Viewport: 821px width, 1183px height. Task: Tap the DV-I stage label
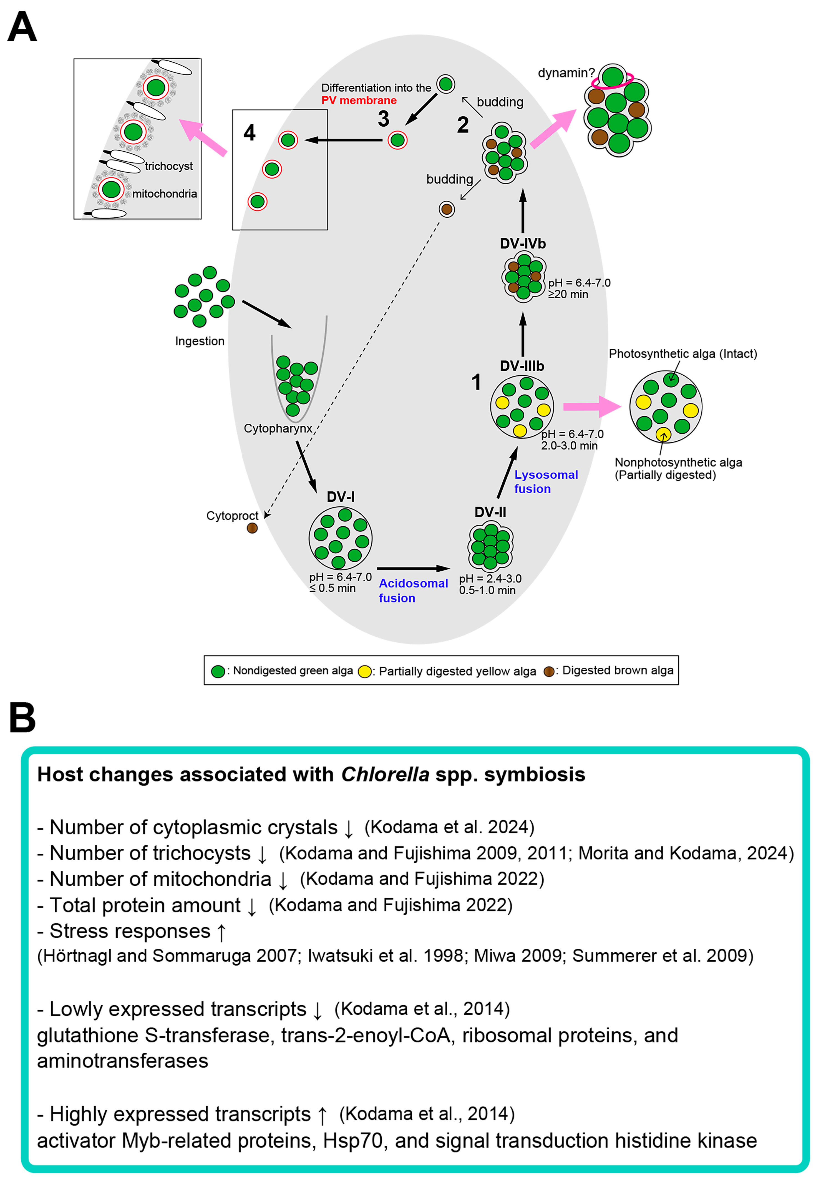341,497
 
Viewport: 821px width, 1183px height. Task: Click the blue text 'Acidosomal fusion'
413,590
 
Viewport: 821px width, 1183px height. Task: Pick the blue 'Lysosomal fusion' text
546,482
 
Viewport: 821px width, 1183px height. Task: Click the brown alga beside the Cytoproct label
252,528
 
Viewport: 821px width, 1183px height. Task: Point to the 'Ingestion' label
200,341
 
